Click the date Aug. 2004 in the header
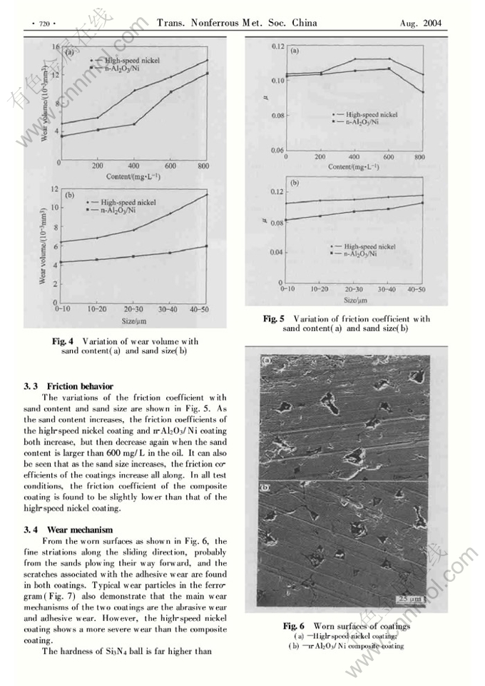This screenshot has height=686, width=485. click(422, 24)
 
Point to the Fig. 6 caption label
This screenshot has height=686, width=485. click(295, 627)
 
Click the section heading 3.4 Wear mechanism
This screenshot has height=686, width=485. click(67, 530)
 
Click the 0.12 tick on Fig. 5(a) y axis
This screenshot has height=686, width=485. click(276, 46)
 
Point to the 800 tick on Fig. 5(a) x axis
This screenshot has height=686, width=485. click(419, 157)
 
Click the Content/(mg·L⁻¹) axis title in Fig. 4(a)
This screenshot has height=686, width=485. click(135, 176)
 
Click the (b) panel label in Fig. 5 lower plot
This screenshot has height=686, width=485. click(295, 183)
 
